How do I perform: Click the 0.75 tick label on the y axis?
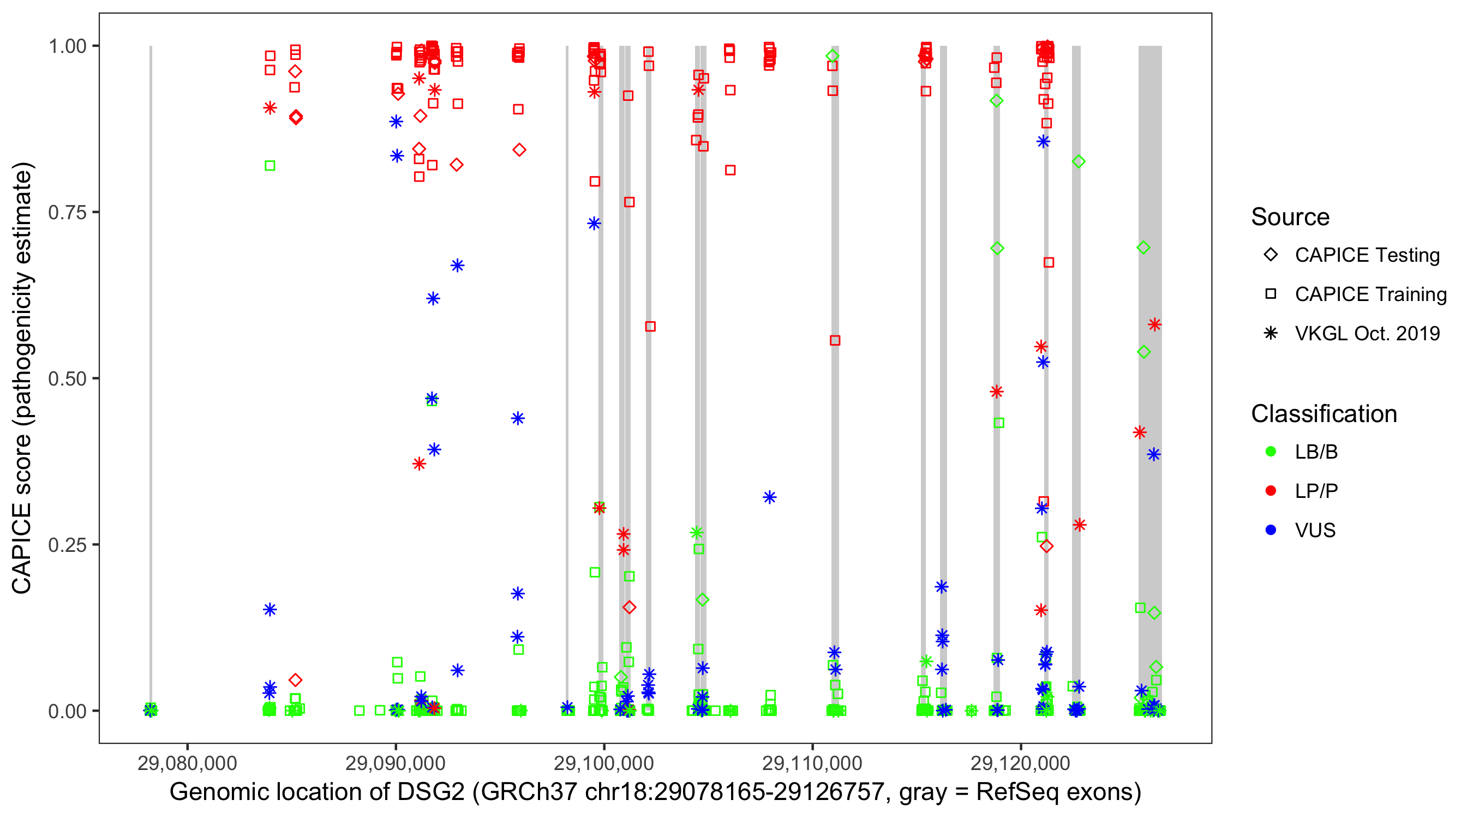pyautogui.click(x=67, y=213)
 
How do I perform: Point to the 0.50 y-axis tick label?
pyautogui.click(x=67, y=378)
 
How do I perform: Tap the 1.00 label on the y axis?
pyautogui.click(x=67, y=46)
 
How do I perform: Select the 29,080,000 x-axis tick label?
pyautogui.click(x=187, y=763)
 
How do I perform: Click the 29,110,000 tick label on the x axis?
pyautogui.click(x=812, y=763)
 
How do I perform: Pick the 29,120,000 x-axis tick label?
pyautogui.click(x=1021, y=763)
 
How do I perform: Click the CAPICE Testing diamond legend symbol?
pyautogui.click(x=1271, y=255)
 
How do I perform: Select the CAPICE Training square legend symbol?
pyautogui.click(x=1271, y=294)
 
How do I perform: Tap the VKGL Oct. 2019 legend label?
pyautogui.click(x=1367, y=334)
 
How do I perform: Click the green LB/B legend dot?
pyautogui.click(x=1271, y=452)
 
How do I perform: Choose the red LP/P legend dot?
pyautogui.click(x=1271, y=491)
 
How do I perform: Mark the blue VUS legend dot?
pyautogui.click(x=1271, y=531)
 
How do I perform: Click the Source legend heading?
pyautogui.click(x=1290, y=217)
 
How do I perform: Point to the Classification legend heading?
pyautogui.click(x=1324, y=414)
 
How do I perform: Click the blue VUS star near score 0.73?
pyautogui.click(x=594, y=224)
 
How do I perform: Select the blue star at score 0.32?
pyautogui.click(x=770, y=497)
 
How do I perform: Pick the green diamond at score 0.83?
pyautogui.click(x=1079, y=162)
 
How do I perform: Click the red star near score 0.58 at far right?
pyautogui.click(x=1154, y=324)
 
